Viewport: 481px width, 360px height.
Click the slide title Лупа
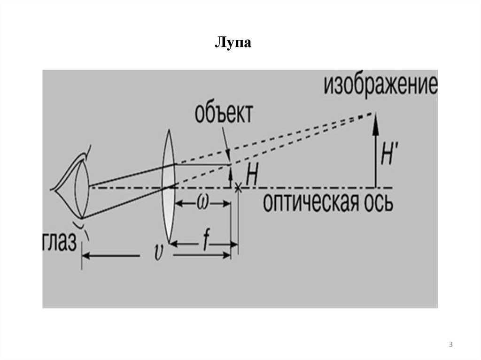click(233, 44)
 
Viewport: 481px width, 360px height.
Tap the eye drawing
click(75, 188)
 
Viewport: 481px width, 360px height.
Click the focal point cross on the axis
click(238, 187)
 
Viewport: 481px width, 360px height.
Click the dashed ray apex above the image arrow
click(374, 113)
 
